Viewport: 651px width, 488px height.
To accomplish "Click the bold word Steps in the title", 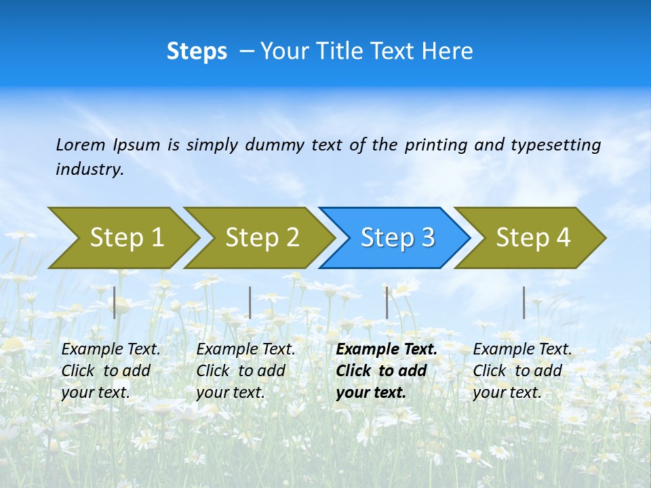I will (197, 52).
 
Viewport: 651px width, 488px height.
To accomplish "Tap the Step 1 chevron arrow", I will (125, 238).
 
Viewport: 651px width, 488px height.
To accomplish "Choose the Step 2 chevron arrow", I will (261, 238).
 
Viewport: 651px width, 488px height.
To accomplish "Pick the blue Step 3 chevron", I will (396, 238).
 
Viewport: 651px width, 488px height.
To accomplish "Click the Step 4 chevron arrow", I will (532, 238).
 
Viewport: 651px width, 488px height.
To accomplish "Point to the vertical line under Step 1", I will (115, 302).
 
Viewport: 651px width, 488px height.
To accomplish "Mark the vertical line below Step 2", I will (250, 302).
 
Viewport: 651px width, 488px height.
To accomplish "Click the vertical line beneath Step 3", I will (387, 302).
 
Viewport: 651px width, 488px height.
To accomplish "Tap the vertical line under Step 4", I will (524, 302).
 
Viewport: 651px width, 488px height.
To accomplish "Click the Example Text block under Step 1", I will (110, 371).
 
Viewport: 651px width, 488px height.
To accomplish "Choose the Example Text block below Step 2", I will (245, 371).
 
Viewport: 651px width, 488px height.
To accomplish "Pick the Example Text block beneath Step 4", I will (521, 371).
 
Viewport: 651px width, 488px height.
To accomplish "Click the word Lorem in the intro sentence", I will (81, 144).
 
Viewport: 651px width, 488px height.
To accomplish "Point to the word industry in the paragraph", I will (89, 169).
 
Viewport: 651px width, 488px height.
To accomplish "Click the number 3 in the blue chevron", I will (427, 238).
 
